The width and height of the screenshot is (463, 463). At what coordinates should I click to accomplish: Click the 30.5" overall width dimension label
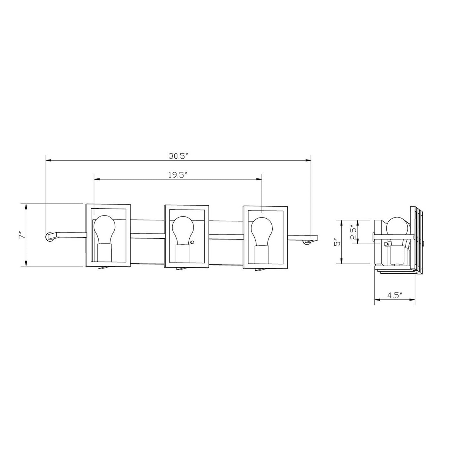pos(178,156)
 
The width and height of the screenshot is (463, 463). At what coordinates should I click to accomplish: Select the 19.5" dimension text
pos(178,175)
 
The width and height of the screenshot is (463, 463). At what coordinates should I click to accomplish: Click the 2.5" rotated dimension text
pos(353,233)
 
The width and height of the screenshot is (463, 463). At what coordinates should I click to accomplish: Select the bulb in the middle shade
pos(183,231)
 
